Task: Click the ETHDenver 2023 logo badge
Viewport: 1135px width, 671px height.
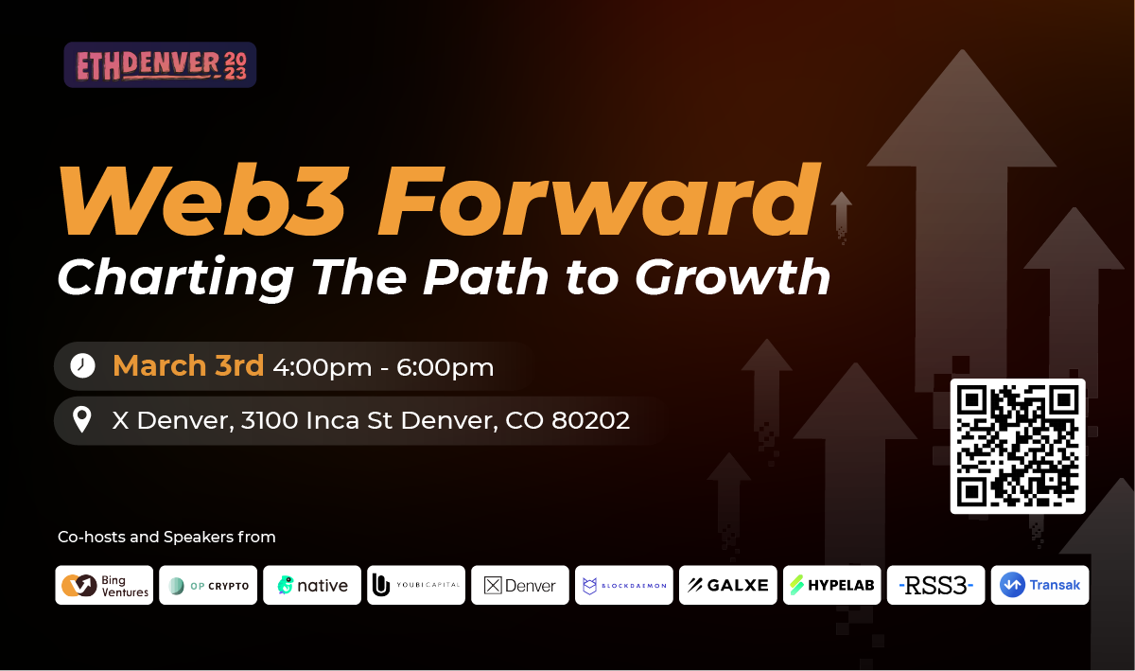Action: coord(160,65)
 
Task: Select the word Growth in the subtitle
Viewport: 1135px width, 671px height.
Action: coord(733,277)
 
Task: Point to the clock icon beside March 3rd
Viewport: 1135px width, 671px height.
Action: coord(82,365)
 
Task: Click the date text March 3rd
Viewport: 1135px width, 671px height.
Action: coord(188,365)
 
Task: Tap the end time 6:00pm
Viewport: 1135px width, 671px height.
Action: coord(445,367)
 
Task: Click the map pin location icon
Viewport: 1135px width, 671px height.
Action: coord(82,419)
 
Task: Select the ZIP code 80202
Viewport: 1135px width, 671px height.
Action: coord(591,420)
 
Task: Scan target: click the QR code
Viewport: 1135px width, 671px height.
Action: coord(1018,447)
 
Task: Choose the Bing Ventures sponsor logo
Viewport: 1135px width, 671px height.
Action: coord(104,585)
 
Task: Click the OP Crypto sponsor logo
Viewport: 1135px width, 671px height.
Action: coord(208,585)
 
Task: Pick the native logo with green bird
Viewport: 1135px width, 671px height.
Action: coord(312,585)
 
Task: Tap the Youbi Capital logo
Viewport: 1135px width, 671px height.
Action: coord(416,585)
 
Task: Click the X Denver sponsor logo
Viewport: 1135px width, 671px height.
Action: coord(520,585)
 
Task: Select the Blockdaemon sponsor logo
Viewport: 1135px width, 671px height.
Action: coord(624,585)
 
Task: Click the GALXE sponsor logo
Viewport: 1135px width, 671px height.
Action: coord(728,585)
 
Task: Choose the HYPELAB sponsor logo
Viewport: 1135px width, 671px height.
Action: coord(832,585)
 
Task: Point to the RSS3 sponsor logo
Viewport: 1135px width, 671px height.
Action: coord(935,585)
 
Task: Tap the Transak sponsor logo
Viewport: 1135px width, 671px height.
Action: coord(1039,585)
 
